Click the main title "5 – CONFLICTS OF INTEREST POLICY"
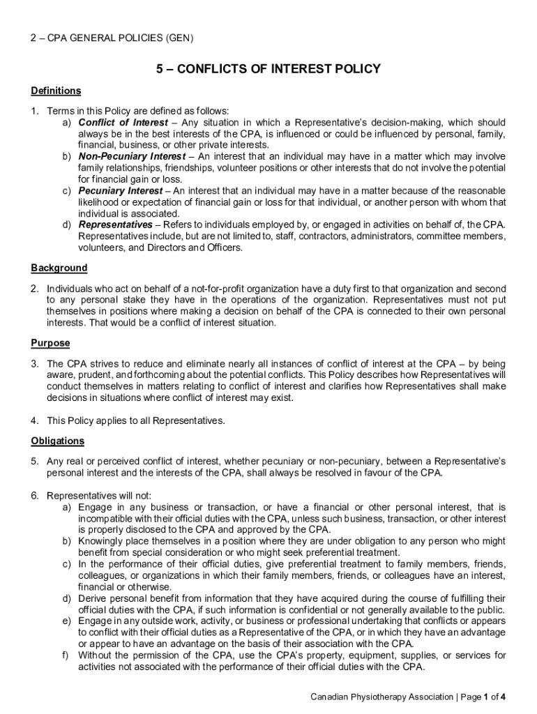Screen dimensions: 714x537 268,69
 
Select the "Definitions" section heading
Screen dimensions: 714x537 56,91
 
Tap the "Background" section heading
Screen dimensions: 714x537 59,268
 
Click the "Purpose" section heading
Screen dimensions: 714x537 50,343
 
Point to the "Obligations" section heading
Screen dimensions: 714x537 58,441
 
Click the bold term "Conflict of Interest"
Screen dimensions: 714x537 123,123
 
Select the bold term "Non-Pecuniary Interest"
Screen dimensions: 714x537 132,156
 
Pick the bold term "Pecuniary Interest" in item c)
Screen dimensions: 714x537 120,190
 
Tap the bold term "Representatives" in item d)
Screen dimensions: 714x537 115,225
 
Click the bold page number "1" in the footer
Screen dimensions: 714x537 487,697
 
